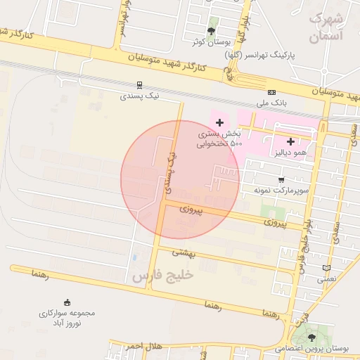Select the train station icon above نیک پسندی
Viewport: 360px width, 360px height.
coord(139,84)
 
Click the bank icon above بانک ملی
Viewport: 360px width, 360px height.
coord(271,92)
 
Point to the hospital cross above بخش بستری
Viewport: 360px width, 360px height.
coord(219,122)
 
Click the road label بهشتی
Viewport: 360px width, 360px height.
coord(186,251)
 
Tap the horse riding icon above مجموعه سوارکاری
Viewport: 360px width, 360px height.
coord(67,301)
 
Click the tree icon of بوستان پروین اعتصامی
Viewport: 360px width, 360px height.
coord(312,338)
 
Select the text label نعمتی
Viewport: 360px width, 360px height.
coord(326,279)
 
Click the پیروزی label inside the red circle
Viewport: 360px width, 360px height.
coord(191,209)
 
